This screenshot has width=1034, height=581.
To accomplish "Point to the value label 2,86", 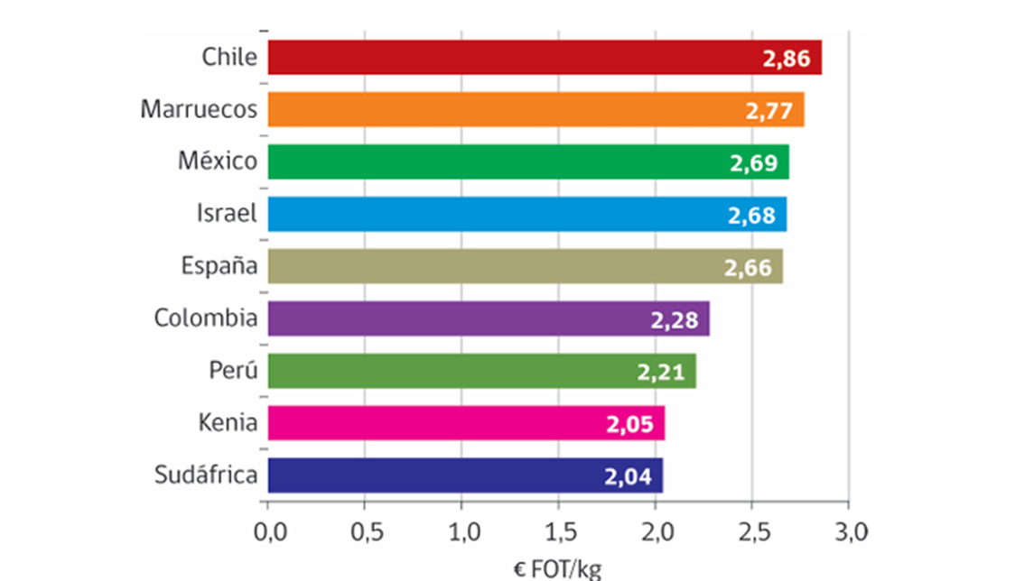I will click(787, 60).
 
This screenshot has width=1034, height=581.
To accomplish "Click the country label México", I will click(217, 161).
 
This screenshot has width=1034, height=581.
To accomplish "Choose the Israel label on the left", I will click(227, 214).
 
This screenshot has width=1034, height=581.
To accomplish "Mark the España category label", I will click(219, 266).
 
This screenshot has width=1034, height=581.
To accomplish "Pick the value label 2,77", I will click(769, 112).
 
